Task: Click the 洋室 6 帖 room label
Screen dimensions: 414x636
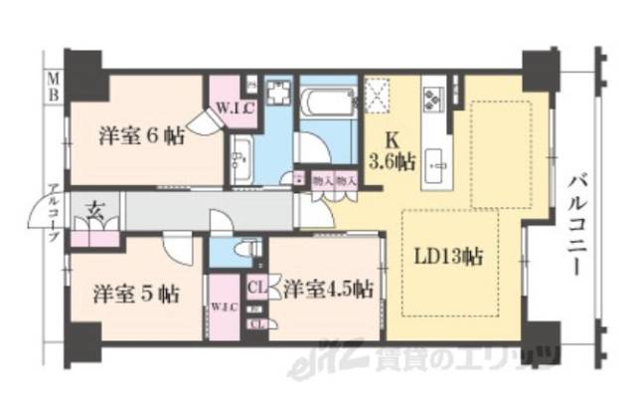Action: [x=138, y=137]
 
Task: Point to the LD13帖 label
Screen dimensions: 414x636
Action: [x=448, y=257]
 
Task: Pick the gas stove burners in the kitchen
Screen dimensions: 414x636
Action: [x=433, y=98]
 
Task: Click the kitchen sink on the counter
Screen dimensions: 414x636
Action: [x=434, y=160]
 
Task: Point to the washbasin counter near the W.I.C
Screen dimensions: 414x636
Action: [x=239, y=155]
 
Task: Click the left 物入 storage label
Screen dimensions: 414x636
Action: [x=321, y=181]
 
